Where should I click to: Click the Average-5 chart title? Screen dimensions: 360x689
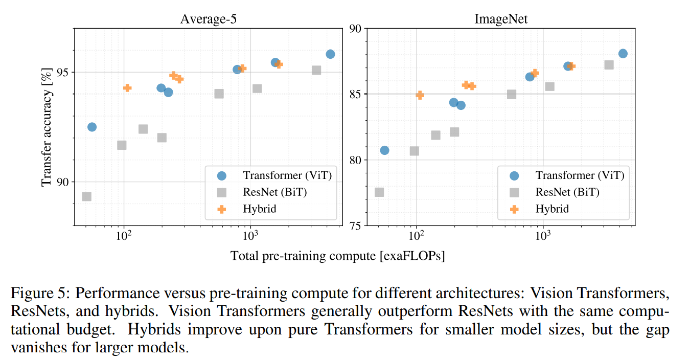208,19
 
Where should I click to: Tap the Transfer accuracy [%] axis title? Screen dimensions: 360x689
47,128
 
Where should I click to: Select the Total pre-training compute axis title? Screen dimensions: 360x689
337,256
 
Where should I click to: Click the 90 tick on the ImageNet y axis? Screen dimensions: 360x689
355,29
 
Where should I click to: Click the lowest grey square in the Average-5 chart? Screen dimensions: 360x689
87,196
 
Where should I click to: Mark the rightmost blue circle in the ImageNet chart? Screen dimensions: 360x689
623,54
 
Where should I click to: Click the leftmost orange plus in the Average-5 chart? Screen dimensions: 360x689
127,88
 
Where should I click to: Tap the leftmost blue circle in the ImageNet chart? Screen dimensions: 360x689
384,150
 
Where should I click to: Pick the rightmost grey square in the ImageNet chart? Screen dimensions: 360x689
609,65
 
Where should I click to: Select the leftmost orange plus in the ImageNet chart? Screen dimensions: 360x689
420,95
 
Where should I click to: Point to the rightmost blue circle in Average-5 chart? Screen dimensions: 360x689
330,54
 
